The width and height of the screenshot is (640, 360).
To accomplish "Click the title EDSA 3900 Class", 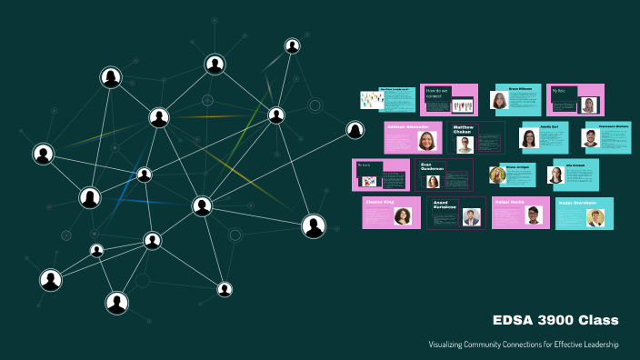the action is [x=555, y=320].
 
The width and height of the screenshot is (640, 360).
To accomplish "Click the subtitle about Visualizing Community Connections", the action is [x=524, y=345].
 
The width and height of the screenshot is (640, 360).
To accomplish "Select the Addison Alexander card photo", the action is [x=426, y=141].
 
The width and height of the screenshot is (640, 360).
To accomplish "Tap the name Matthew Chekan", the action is [x=464, y=130].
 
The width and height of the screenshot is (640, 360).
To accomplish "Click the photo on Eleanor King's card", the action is [x=402, y=216].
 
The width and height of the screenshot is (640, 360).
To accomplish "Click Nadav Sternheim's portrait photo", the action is [x=595, y=217].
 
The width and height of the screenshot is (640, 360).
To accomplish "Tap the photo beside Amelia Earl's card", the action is [x=528, y=138].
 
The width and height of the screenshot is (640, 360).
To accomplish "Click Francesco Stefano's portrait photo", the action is [x=591, y=139].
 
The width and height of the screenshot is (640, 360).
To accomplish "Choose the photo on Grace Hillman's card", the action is [x=499, y=101].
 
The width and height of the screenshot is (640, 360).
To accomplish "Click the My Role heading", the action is [x=558, y=90].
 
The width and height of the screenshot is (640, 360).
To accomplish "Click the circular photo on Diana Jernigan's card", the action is [x=497, y=175].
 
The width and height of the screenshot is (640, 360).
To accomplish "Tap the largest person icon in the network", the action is [x=314, y=226].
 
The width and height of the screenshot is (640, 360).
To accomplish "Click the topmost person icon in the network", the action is [x=292, y=45].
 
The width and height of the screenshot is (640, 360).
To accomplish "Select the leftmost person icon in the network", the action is [x=43, y=155].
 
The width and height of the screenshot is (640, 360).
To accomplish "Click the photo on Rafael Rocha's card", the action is [x=535, y=216].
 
